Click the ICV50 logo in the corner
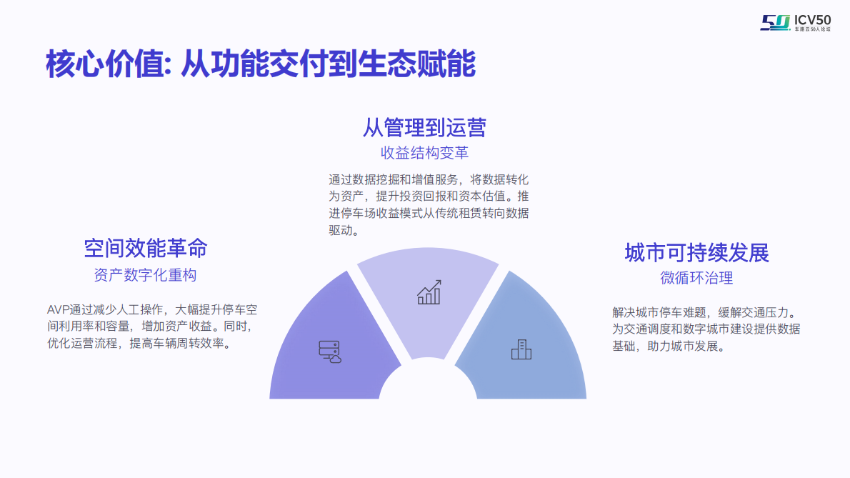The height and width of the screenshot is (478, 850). coord(795,22)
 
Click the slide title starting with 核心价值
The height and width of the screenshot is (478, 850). coord(261,64)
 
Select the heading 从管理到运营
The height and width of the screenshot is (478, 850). coord(424,127)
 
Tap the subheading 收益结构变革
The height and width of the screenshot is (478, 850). coord(424,154)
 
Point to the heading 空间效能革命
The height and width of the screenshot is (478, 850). coord(146,248)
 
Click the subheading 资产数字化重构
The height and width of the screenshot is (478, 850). coord(145,275)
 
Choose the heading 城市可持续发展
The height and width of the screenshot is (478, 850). coord(696,252)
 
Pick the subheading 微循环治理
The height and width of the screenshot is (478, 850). coord(696,278)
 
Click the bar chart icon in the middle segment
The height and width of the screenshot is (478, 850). coord(429,292)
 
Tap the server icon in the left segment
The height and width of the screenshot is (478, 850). coord(329,351)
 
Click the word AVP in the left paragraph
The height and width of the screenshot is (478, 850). coord(57,309)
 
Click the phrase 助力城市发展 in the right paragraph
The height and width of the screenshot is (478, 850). coord(686,347)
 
